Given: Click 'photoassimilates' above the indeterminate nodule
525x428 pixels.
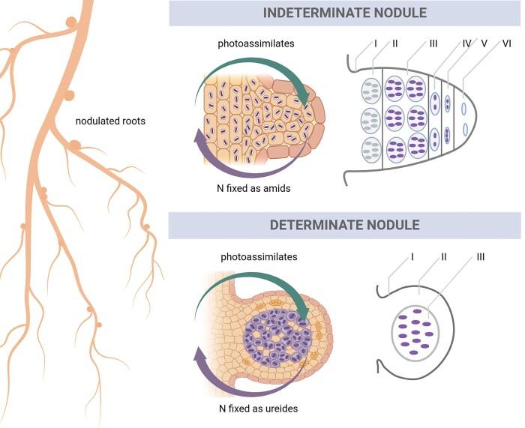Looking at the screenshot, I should pyautogui.click(x=252, y=43).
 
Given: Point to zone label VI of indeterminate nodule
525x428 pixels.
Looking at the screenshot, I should pyautogui.click(x=506, y=44).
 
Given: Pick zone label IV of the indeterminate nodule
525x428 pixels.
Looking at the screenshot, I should pyautogui.click(x=466, y=44).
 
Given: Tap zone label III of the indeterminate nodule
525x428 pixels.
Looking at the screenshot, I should pyautogui.click(x=433, y=44).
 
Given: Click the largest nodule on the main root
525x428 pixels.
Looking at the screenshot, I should pyautogui.click(x=76, y=142).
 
